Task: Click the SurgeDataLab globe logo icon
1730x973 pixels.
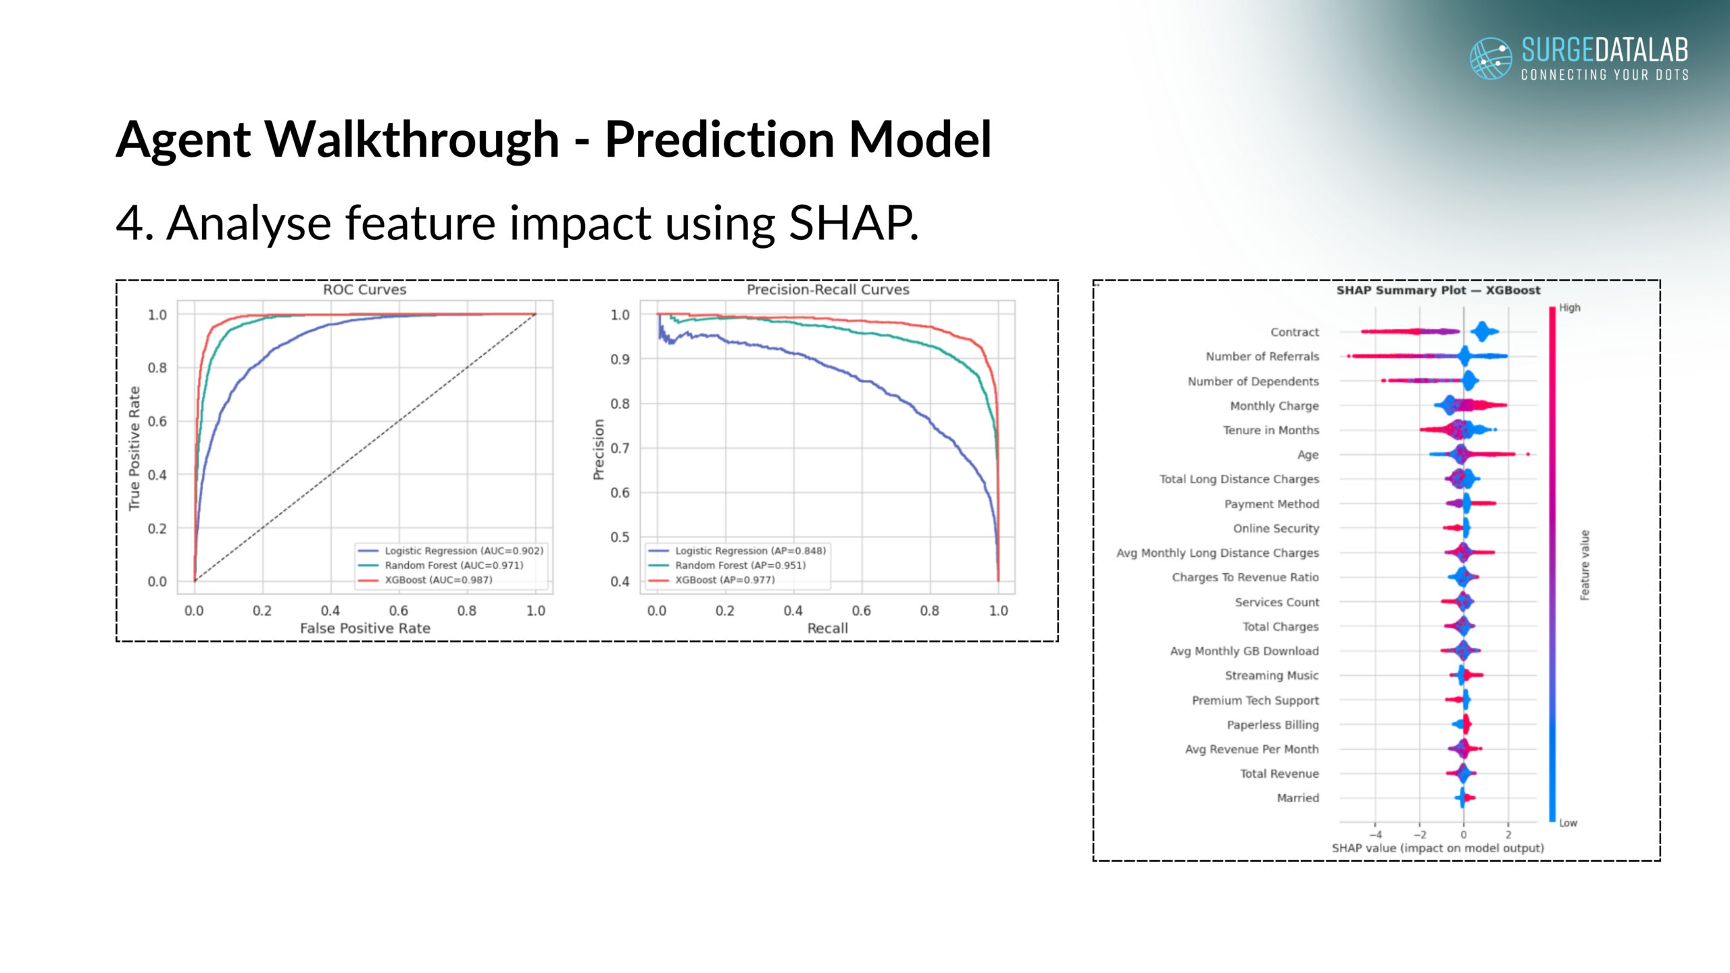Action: click(1491, 58)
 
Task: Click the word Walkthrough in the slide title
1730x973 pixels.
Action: click(412, 139)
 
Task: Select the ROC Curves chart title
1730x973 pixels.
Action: click(364, 290)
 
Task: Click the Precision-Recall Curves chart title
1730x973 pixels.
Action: click(828, 290)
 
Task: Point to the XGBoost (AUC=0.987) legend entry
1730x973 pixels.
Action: click(438, 580)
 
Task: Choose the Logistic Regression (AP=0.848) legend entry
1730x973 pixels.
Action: click(750, 551)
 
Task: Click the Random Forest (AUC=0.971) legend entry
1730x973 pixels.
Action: click(453, 566)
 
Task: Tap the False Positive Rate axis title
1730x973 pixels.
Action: click(365, 628)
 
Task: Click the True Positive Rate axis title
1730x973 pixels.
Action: click(134, 448)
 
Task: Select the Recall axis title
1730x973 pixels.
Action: click(827, 628)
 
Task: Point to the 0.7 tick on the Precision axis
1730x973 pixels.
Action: click(620, 448)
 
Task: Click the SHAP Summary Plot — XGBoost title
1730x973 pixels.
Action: click(1438, 291)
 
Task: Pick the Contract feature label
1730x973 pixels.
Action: click(1294, 332)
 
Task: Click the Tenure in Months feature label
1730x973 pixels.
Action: click(1270, 430)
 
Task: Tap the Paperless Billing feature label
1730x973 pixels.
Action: click(1272, 725)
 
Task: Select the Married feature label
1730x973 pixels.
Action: click(1297, 798)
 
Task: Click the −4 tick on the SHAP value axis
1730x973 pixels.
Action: click(1375, 835)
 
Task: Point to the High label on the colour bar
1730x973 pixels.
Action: click(1569, 308)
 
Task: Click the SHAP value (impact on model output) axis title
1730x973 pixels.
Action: click(1437, 848)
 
